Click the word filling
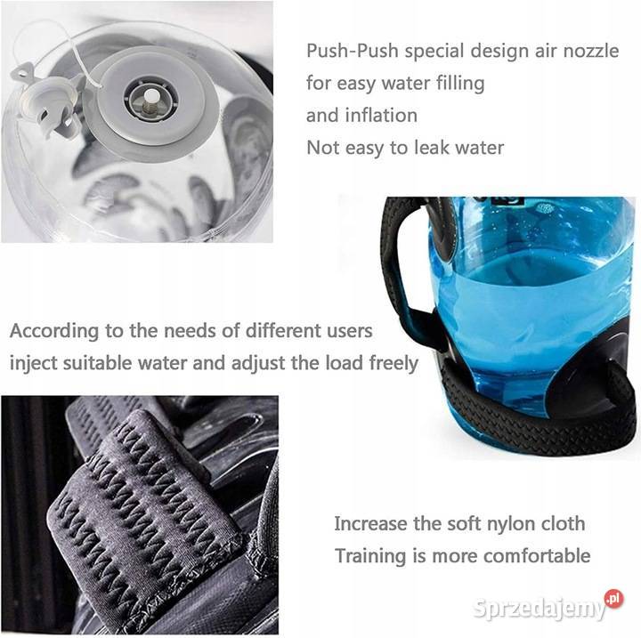(x=460, y=84)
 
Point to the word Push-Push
(x=353, y=51)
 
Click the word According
(x=54, y=331)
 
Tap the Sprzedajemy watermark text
(x=539, y=608)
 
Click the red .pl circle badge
(x=613, y=600)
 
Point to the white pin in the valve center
(x=151, y=98)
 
